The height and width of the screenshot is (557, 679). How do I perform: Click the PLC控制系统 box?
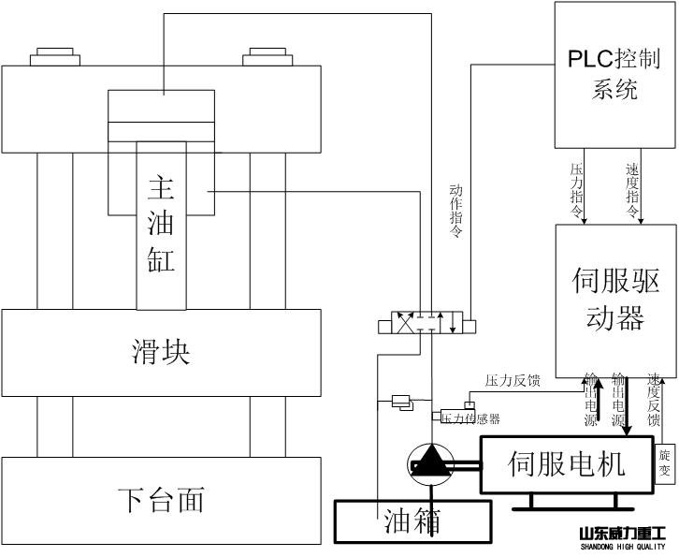pyautogui.click(x=614, y=74)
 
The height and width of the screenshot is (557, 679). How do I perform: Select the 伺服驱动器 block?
pyautogui.click(x=614, y=300)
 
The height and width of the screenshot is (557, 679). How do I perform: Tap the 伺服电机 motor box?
pyautogui.click(x=566, y=463)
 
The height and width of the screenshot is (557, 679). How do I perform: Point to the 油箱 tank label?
pyautogui.click(x=412, y=520)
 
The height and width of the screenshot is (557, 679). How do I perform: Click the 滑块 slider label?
pyautogui.click(x=161, y=352)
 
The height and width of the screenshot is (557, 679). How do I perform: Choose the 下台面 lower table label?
pyautogui.click(x=161, y=499)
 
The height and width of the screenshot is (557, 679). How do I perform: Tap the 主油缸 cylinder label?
pyautogui.click(x=161, y=225)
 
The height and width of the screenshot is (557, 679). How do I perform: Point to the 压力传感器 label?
pyautogui.click(x=470, y=418)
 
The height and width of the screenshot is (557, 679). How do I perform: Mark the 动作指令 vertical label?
pyautogui.click(x=456, y=212)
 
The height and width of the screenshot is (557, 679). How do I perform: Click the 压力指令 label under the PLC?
pyautogui.click(x=577, y=191)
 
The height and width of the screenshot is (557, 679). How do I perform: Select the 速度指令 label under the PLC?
pyautogui.click(x=632, y=191)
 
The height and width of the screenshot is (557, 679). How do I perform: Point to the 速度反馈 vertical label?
pyautogui.click(x=654, y=401)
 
